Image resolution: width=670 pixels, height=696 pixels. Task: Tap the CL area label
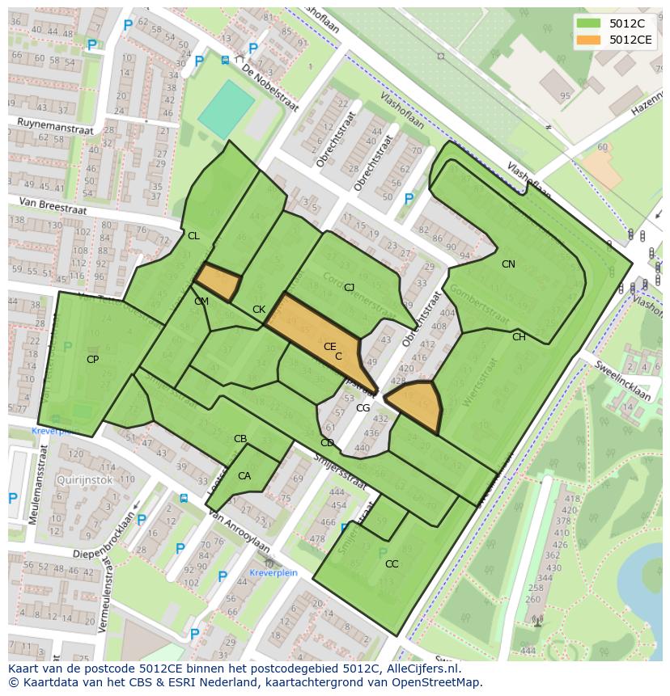point(193,236)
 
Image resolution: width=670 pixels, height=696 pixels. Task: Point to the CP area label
point(92,359)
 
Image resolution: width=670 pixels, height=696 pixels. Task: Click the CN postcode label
point(508,264)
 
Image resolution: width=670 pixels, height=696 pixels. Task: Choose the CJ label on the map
point(349,288)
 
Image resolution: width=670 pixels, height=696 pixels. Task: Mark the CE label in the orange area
point(329,347)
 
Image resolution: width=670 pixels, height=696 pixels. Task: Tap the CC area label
point(392,563)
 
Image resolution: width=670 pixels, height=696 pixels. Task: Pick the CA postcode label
point(244,476)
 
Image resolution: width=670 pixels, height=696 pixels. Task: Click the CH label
point(519,337)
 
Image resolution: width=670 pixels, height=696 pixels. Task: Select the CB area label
point(240,439)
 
